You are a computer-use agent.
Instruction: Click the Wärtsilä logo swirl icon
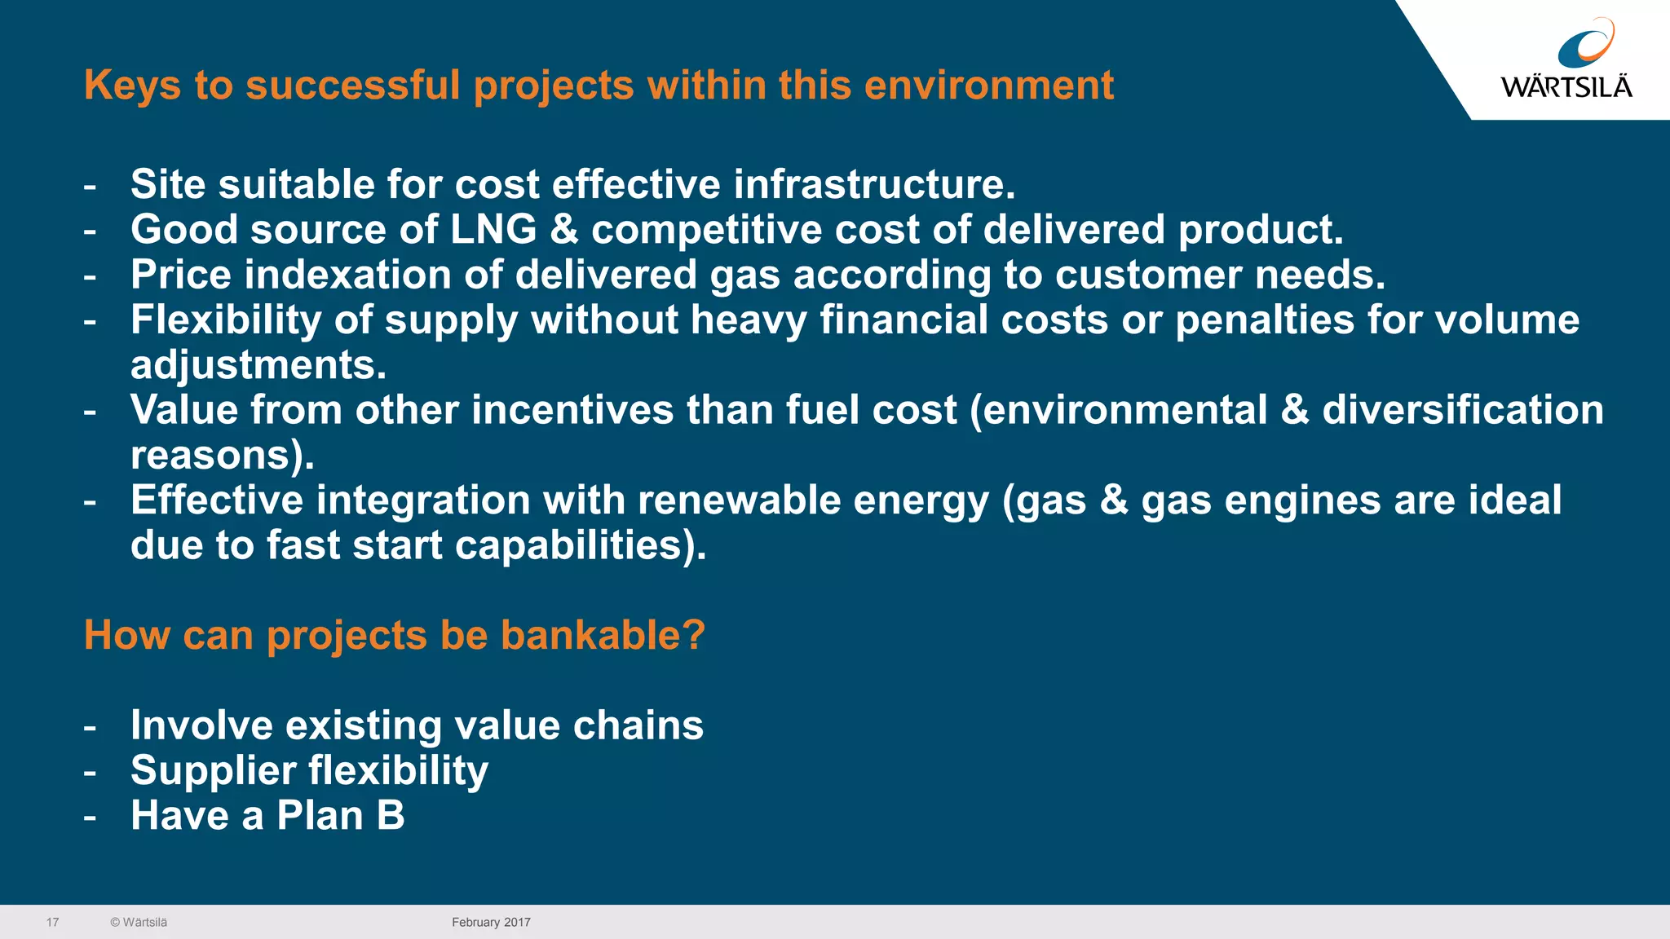1585,45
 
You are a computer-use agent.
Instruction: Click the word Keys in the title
132,86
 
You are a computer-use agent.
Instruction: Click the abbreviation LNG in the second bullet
493,230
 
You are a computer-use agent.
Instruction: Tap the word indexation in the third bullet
347,275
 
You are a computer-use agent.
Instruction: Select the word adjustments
258,365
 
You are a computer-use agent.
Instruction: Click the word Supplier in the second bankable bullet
213,771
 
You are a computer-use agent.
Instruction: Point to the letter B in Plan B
391,816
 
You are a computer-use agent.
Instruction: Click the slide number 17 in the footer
52,923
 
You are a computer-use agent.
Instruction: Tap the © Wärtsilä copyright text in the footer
139,923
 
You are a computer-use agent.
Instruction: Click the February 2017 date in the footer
491,923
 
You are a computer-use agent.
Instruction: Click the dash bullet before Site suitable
90,186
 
